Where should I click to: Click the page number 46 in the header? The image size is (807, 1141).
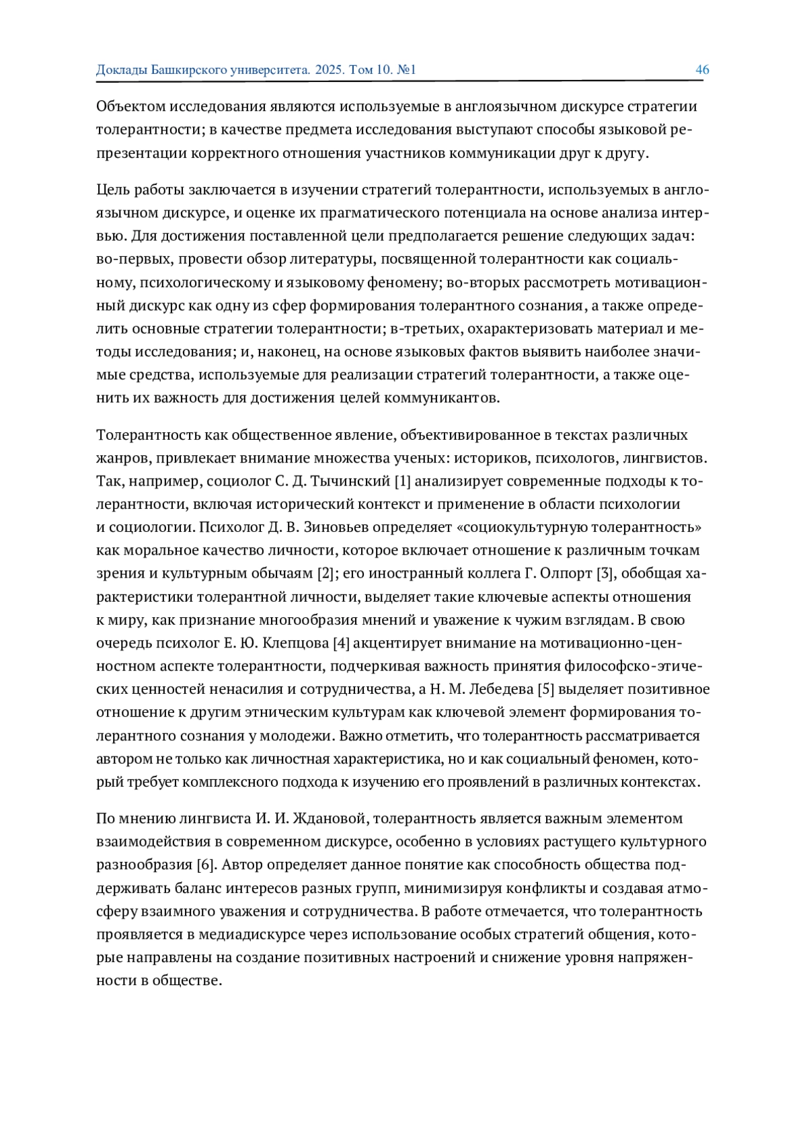point(702,70)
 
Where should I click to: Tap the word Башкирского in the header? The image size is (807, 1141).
point(190,70)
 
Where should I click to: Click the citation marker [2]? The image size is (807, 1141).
point(325,574)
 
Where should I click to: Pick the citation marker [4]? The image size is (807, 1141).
point(342,643)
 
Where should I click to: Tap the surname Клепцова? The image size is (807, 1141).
point(297,643)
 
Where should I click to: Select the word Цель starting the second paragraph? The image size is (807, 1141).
point(112,190)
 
